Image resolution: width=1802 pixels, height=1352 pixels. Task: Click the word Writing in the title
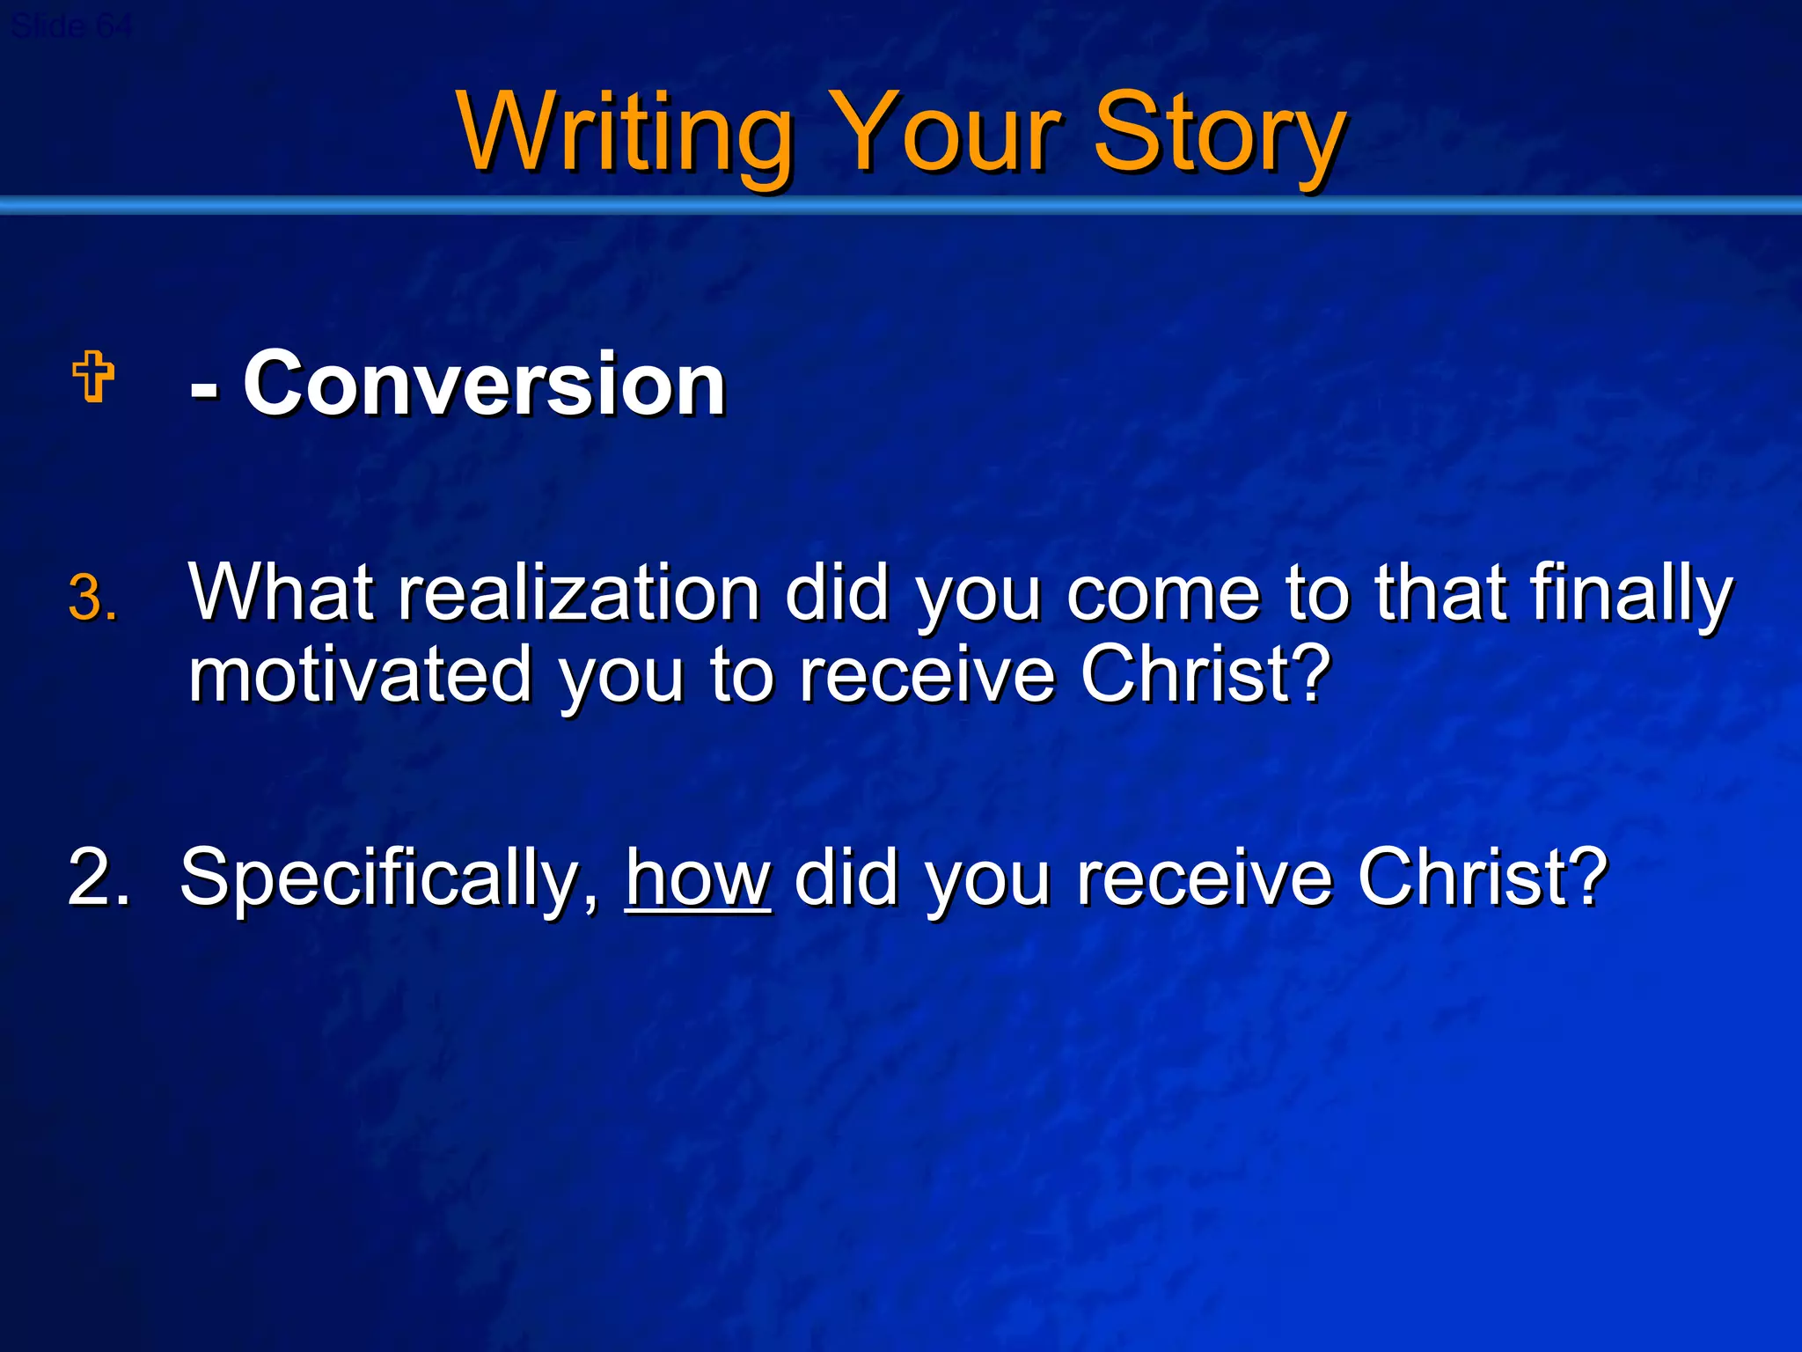[x=625, y=134]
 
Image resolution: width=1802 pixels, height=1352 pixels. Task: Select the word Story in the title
[x=1220, y=134]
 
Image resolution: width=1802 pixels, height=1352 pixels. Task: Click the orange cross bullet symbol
[x=93, y=377]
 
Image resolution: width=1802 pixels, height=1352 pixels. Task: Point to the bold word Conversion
[x=484, y=384]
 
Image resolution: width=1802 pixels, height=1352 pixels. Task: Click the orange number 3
[x=92, y=599]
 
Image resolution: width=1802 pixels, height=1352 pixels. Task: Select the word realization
[x=579, y=593]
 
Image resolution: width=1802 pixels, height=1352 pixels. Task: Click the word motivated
[x=361, y=674]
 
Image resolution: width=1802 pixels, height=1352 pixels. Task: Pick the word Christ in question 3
[x=1205, y=674]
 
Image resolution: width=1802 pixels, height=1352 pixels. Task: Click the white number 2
[x=97, y=877]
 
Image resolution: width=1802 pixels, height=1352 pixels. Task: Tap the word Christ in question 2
[x=1482, y=877]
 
